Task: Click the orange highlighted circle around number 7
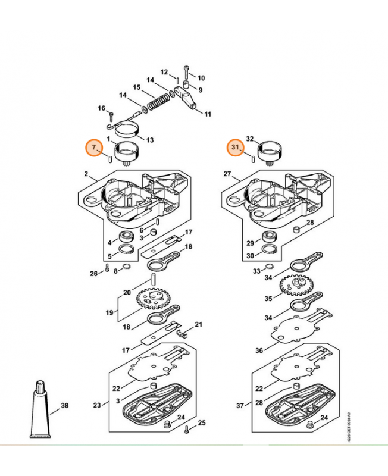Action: (x=93, y=148)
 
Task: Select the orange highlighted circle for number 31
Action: (x=235, y=148)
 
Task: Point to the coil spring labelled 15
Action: (x=158, y=98)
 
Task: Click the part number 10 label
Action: (x=201, y=78)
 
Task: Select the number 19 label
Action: (x=108, y=312)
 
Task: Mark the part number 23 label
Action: (x=98, y=406)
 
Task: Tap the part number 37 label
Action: (x=240, y=406)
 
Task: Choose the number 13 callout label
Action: (x=150, y=140)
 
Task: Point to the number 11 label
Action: (x=208, y=114)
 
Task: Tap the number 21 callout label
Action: (x=199, y=324)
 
